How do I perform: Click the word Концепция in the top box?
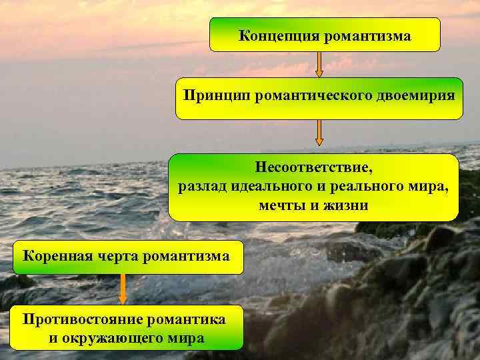pyautogui.click(x=279, y=35)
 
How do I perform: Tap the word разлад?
pyautogui.click(x=203, y=185)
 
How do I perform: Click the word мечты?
pyautogui.click(x=283, y=205)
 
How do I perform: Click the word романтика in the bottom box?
pyautogui.click(x=189, y=319)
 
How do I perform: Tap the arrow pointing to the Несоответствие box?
pyautogui.click(x=319, y=133)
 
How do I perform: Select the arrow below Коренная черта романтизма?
pyautogui.click(x=123, y=289)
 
